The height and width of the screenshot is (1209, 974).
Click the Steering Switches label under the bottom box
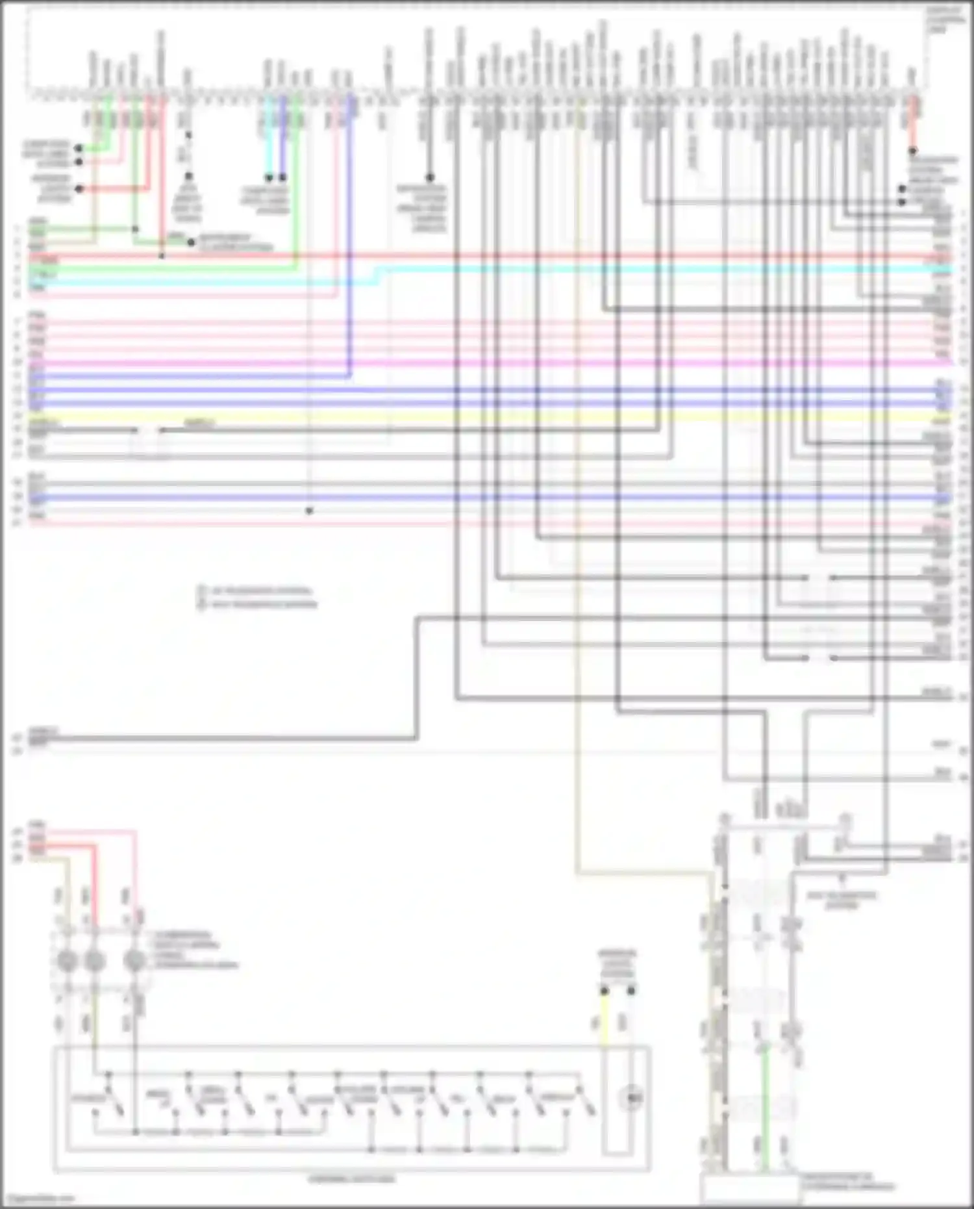(351, 1178)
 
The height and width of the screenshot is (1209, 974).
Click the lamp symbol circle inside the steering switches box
(631, 1099)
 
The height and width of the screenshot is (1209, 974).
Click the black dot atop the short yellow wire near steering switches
(604, 991)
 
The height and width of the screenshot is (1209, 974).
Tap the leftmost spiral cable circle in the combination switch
(67, 960)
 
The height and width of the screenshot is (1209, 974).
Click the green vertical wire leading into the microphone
(765, 1104)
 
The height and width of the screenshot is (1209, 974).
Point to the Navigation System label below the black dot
(422, 208)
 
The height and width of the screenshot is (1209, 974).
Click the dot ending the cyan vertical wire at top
(268, 177)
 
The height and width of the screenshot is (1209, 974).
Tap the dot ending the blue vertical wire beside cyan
(282, 177)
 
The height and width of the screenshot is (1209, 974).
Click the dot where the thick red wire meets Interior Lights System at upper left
(79, 189)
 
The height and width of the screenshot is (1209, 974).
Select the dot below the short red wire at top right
(912, 151)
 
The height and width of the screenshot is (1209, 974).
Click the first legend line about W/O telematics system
(260, 591)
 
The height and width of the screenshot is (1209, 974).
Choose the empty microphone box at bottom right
(750, 1190)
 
